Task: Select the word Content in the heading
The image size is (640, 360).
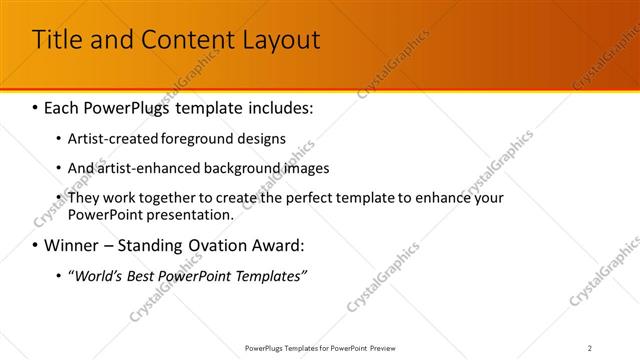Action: pyautogui.click(x=183, y=40)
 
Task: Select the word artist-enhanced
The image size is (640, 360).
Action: pyautogui.click(x=150, y=168)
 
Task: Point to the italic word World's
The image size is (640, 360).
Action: pyautogui.click(x=96, y=275)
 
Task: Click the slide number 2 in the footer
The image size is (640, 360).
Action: pyautogui.click(x=590, y=348)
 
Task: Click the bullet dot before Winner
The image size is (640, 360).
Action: pyautogui.click(x=36, y=245)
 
